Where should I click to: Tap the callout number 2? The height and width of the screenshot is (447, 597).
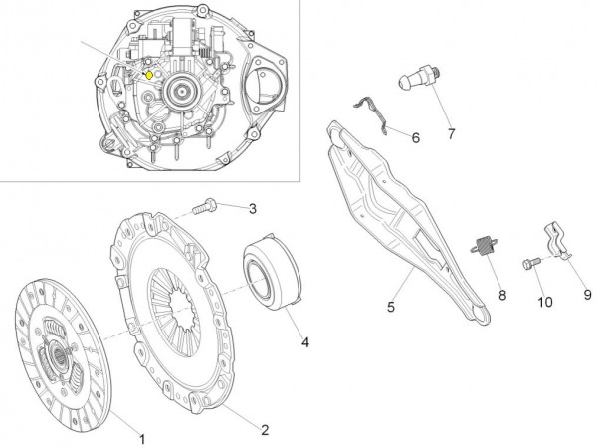click(x=265, y=430)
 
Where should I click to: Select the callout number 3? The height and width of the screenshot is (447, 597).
click(x=252, y=208)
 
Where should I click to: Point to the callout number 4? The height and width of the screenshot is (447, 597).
click(x=305, y=342)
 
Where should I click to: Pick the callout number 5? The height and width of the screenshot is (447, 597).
click(x=391, y=307)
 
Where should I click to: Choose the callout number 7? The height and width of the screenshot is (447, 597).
click(x=450, y=132)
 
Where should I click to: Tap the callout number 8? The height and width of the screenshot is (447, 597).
click(x=502, y=295)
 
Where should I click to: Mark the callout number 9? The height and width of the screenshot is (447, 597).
click(x=586, y=295)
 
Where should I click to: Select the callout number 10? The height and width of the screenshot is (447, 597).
click(x=544, y=301)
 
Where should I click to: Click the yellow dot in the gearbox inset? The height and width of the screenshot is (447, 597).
click(x=149, y=73)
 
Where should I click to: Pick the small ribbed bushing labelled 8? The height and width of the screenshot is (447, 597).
click(x=487, y=246)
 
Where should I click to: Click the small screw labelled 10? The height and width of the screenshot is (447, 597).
click(x=529, y=263)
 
